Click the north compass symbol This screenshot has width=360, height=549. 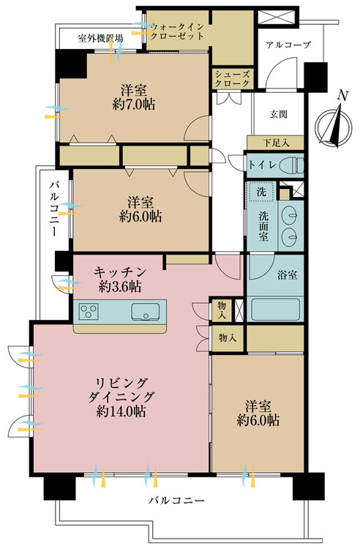[333, 127]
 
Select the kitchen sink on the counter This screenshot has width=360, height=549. [146, 311]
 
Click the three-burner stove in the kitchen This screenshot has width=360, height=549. [89, 311]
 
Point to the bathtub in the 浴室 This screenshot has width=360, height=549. [275, 309]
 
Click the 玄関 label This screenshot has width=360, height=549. [279, 114]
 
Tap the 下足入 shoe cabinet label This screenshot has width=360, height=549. [277, 143]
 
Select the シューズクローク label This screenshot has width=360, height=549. [232, 79]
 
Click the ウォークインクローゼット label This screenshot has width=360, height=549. [177, 31]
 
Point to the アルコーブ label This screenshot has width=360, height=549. [288, 45]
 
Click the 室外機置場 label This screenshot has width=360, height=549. [100, 39]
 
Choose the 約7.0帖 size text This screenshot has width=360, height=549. [134, 105]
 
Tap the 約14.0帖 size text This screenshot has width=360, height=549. [121, 411]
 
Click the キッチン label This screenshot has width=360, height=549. [120, 272]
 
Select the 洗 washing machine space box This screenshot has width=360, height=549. [261, 192]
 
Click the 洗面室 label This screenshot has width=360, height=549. [264, 226]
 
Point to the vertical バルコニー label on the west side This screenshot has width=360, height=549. [53, 209]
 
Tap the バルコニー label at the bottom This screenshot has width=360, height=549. [176, 501]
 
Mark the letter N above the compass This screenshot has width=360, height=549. [344, 96]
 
